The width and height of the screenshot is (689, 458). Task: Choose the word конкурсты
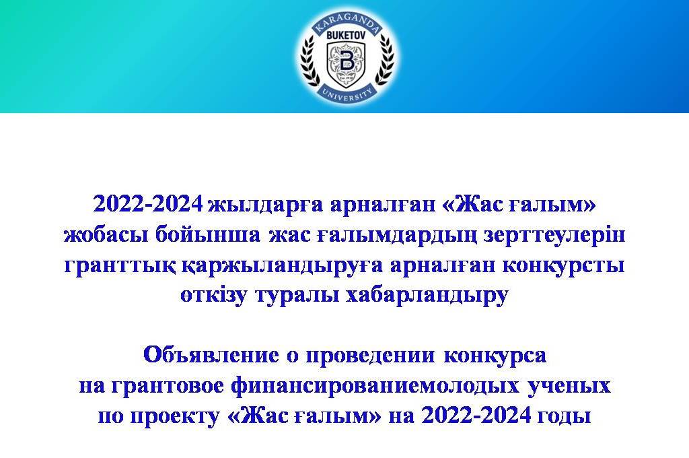(563, 265)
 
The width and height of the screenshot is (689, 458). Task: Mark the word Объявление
(211, 354)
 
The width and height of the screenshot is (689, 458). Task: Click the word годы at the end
(565, 416)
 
